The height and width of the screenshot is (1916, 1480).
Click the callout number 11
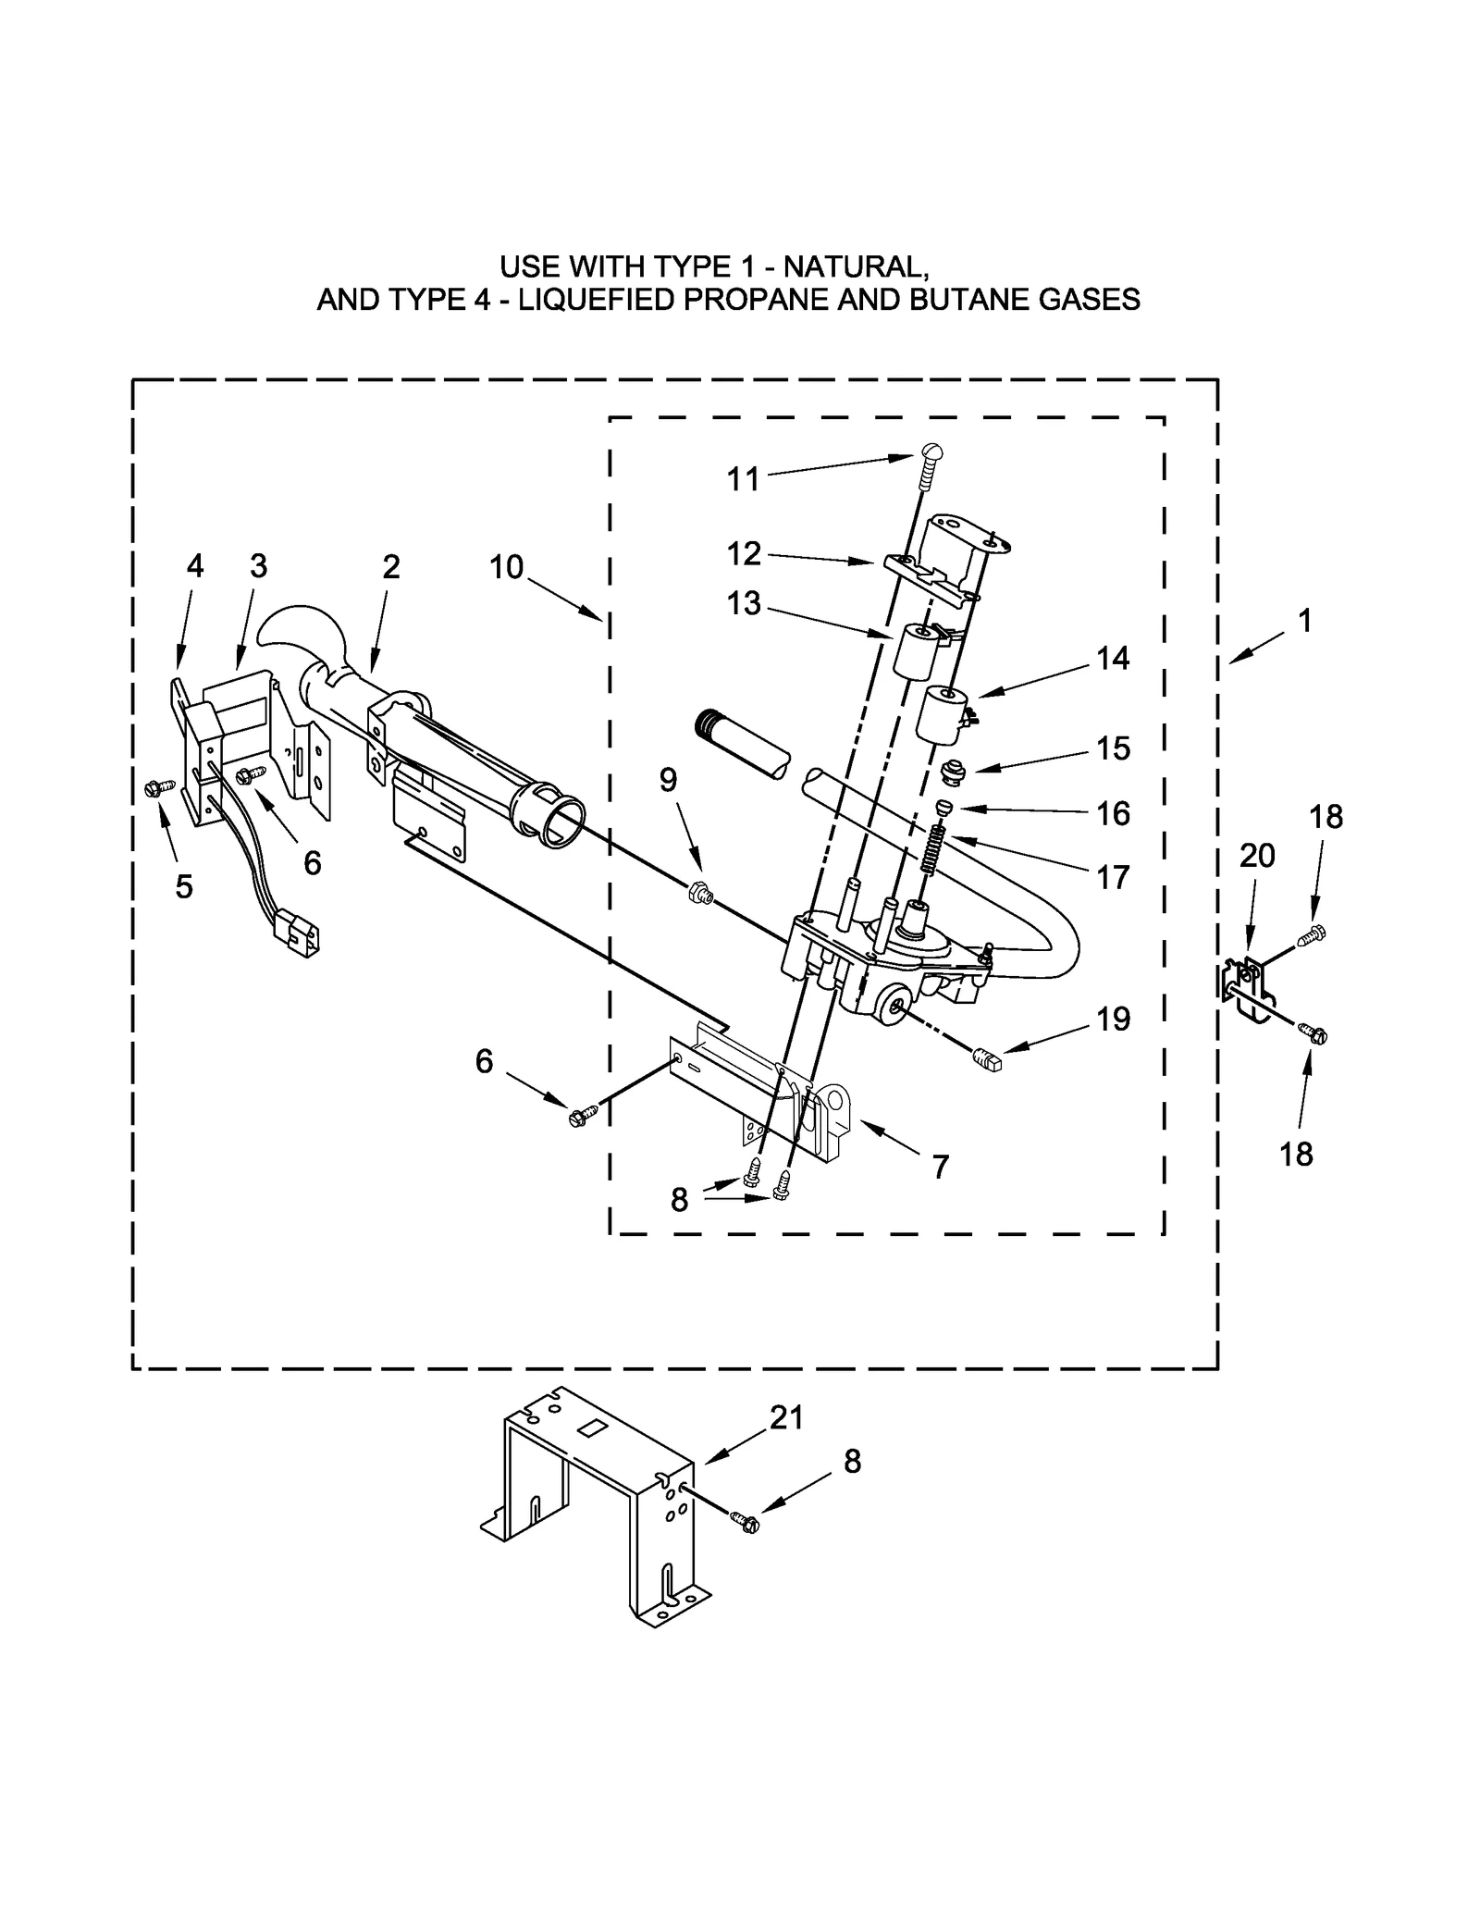point(743,479)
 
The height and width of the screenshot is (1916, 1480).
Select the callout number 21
point(786,1418)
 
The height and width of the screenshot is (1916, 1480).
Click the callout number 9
point(668,780)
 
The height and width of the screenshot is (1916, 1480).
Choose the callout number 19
point(1114,1019)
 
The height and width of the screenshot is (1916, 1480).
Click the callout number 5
point(184,886)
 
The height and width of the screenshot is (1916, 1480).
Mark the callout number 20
point(1257,856)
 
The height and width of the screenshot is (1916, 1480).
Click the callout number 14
point(1113,658)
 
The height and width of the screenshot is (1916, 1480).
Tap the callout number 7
point(941,1168)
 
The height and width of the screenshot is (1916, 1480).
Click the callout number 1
point(1305,621)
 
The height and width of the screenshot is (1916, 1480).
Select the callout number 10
point(506,566)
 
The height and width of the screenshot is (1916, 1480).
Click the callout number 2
point(391,566)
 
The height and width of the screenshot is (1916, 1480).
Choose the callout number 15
point(1114,748)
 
